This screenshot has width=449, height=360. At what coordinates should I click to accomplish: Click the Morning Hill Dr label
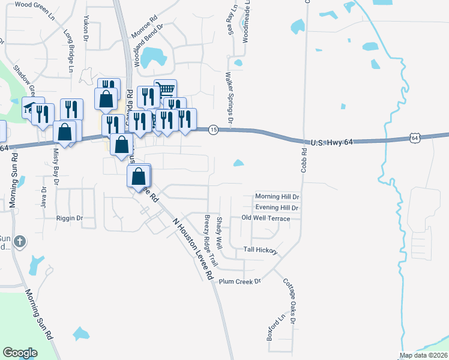[x=277, y=196]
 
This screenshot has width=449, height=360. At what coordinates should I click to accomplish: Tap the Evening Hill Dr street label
[x=277, y=207]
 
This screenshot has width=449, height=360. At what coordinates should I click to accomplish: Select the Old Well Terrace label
[x=265, y=218]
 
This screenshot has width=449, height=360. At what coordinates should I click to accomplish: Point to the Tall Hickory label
[x=261, y=249]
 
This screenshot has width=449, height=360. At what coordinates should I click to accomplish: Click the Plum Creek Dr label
[x=240, y=281]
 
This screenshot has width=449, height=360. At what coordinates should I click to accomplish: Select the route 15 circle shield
[x=212, y=130]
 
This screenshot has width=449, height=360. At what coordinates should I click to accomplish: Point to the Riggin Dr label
[x=69, y=218]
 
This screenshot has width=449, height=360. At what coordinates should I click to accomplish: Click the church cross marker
[x=20, y=241]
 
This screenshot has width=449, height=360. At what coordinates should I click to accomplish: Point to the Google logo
[x=20, y=352]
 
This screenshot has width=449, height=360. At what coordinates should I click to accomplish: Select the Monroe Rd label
[x=143, y=35]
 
